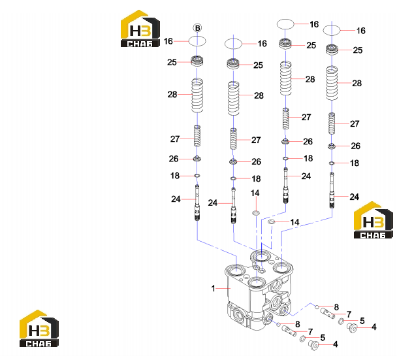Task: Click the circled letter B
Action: coord(197,28)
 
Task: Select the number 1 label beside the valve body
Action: coord(213,288)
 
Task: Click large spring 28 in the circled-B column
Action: coord(197,95)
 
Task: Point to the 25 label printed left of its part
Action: coord(172,62)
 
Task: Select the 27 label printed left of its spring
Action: coord(175,139)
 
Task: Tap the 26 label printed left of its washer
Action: coord(174,159)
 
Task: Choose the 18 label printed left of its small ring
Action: coord(175,176)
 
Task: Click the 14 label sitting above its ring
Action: coord(255,193)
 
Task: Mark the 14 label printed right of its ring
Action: coord(294,222)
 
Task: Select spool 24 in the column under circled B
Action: coord(197,203)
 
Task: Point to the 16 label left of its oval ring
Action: coord(168,41)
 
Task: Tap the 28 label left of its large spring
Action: coord(172,95)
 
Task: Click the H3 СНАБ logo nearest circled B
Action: coord(140,29)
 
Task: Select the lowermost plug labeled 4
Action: coord(314,346)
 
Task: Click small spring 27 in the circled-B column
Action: coord(197,136)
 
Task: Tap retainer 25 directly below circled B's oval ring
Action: coord(197,61)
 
